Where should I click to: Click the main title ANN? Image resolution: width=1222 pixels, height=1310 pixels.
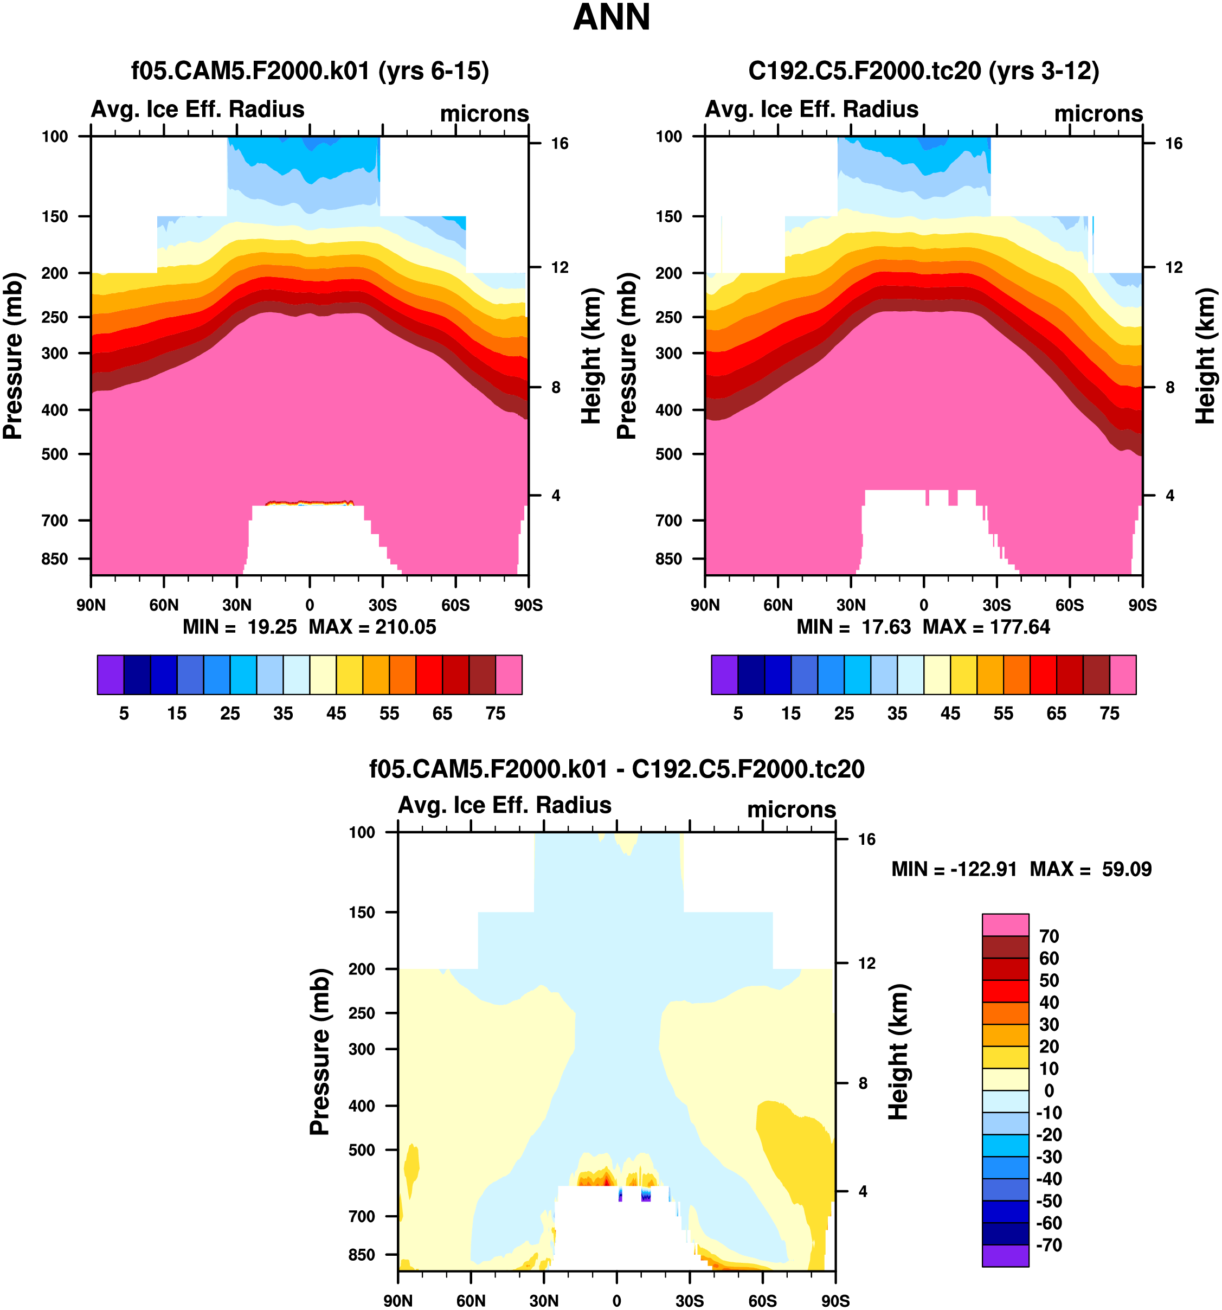(x=612, y=18)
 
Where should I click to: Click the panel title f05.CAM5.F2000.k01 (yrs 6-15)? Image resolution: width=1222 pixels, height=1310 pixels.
(x=310, y=70)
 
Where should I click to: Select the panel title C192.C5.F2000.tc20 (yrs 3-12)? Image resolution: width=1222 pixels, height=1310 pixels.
(x=924, y=70)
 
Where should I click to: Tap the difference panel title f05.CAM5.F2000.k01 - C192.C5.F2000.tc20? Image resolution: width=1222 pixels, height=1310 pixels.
(x=616, y=768)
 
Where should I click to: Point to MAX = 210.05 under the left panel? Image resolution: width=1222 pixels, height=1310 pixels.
(x=372, y=627)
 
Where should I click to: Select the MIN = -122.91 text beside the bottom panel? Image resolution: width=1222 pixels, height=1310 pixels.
(x=954, y=869)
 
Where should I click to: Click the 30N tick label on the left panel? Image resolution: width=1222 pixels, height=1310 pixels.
(x=236, y=605)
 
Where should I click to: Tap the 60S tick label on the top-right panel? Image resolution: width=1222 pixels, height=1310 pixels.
(x=1069, y=605)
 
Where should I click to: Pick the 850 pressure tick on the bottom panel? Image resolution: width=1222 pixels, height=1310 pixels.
(x=362, y=1255)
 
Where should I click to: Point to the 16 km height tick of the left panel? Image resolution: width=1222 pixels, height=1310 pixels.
(x=559, y=144)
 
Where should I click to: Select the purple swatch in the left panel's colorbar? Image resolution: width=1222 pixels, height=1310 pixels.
(x=110, y=674)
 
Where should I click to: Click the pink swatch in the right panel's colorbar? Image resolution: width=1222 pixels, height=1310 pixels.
(x=1123, y=674)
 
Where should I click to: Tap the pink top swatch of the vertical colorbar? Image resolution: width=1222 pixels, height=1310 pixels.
(x=1005, y=924)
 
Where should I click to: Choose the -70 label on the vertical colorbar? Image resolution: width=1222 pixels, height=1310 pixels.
(x=1049, y=1245)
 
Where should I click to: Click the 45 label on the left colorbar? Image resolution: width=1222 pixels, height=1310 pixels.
(x=336, y=714)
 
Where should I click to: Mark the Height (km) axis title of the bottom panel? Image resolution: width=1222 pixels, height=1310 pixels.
(x=898, y=1052)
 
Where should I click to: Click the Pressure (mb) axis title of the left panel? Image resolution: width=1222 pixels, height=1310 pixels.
(x=12, y=356)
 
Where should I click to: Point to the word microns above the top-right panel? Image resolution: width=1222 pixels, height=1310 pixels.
(x=1098, y=113)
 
